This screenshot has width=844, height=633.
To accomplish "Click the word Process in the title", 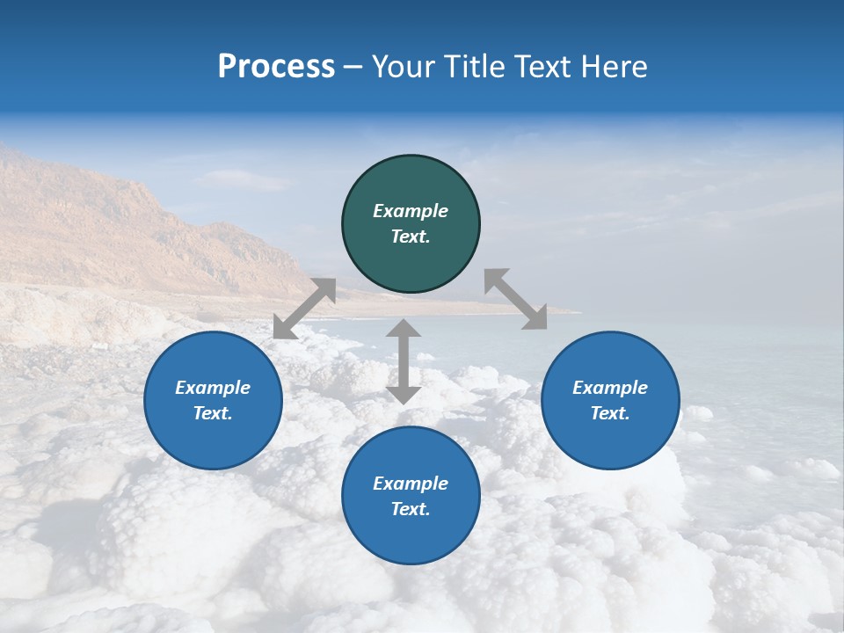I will [276, 67].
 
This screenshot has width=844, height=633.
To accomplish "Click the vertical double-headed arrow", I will [404, 361].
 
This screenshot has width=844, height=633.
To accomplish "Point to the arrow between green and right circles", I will [515, 299].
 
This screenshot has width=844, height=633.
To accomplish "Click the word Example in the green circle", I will [411, 211].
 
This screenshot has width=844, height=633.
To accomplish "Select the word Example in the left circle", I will [213, 388].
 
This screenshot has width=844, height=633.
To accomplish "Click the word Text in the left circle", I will [213, 413].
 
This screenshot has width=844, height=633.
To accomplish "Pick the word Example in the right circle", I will [610, 388].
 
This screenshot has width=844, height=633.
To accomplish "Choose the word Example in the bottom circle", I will [411, 484].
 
